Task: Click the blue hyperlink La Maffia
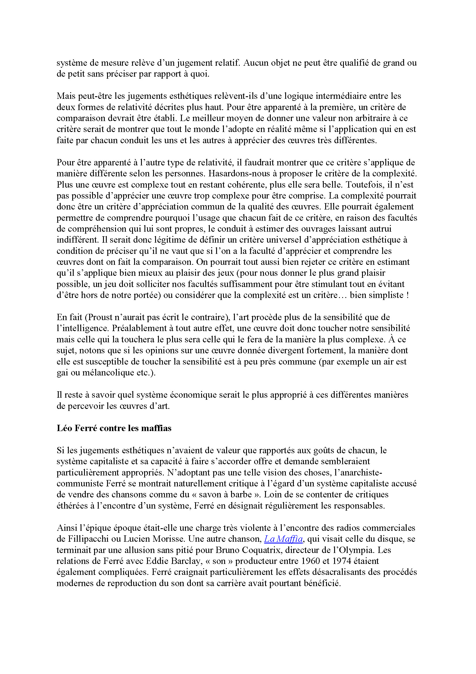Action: pos(283,539)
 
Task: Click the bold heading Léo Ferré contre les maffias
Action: pos(114,428)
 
